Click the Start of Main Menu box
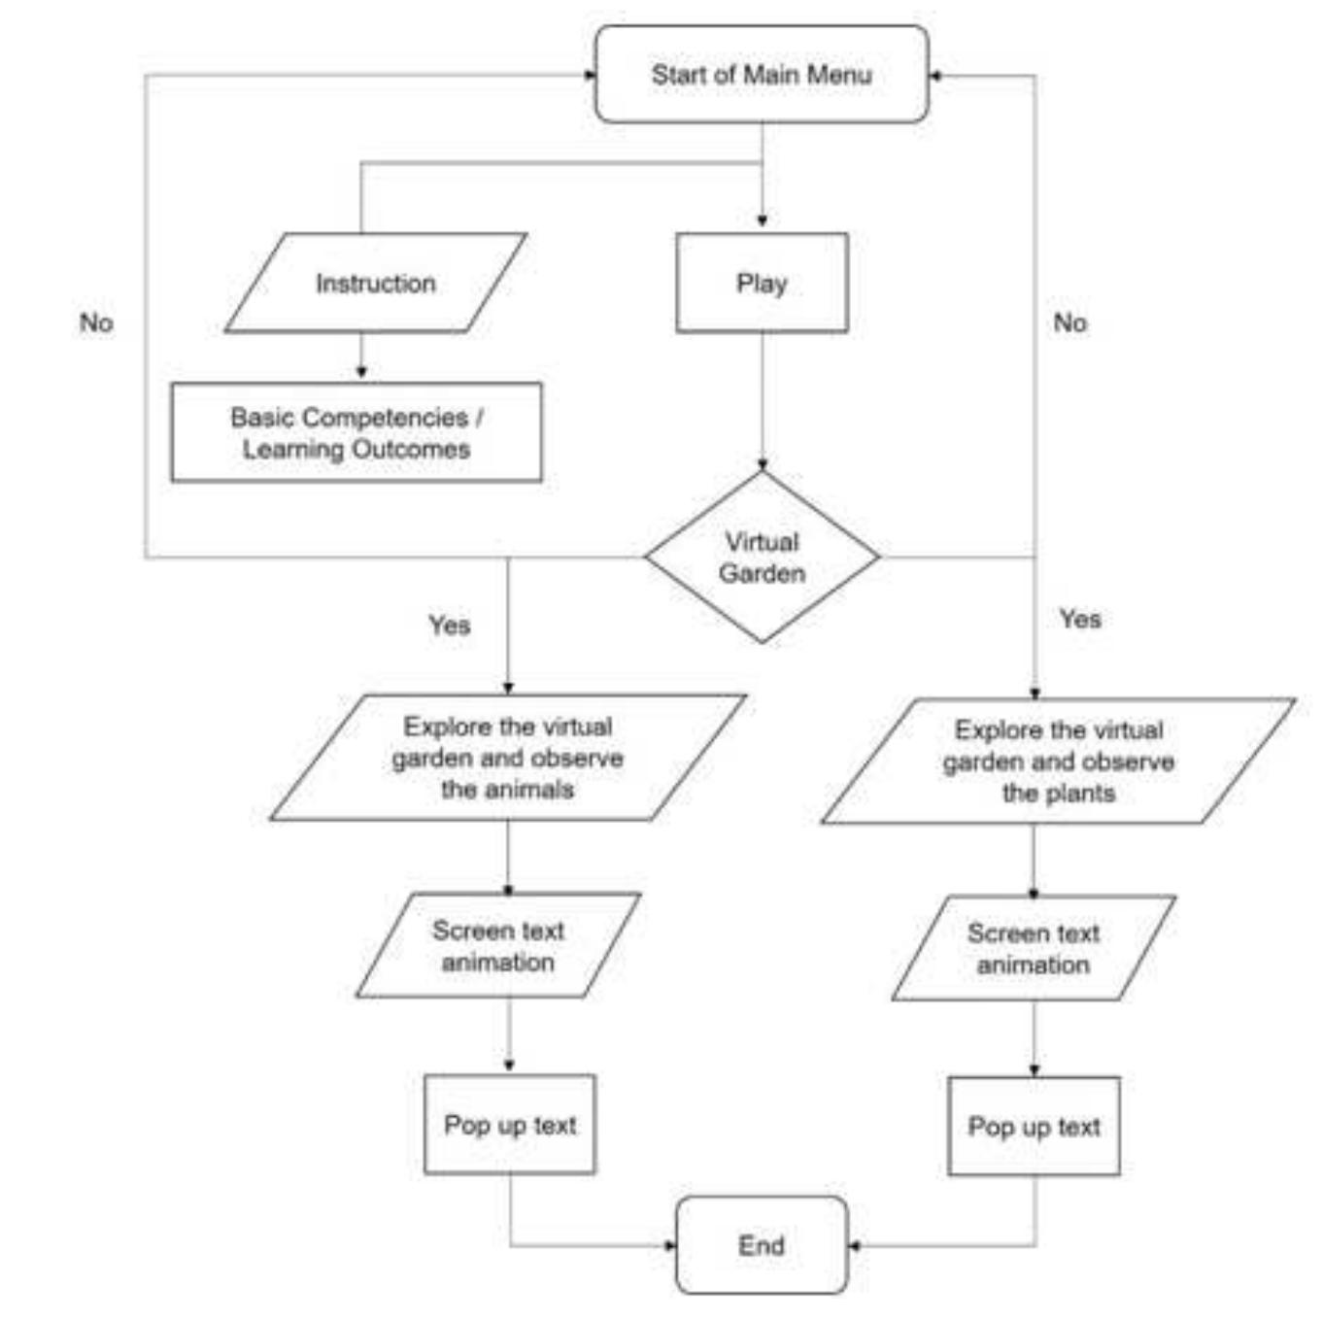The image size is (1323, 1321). point(762,75)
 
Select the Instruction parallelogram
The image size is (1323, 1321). point(375,283)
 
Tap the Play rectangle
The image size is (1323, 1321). point(762,283)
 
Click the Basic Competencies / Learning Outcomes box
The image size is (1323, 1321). point(356,432)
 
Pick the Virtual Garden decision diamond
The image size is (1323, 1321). point(762,557)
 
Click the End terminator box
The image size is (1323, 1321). point(762,1244)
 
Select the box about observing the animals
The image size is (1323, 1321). point(507,758)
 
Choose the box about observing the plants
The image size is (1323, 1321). point(1058,761)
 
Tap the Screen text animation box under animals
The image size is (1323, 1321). point(498,945)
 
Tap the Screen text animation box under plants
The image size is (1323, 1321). point(1034,948)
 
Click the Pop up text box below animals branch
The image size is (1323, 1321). point(510,1124)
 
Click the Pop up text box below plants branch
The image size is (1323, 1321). point(1034,1126)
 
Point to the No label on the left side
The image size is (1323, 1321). point(96,322)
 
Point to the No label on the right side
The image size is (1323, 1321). point(1069,322)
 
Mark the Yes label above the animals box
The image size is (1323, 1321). point(450,625)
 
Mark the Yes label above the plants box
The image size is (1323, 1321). point(1080,619)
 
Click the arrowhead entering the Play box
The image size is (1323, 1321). point(762,222)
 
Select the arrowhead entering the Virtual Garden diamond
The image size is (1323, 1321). point(762,464)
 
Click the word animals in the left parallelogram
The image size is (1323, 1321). point(532,789)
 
